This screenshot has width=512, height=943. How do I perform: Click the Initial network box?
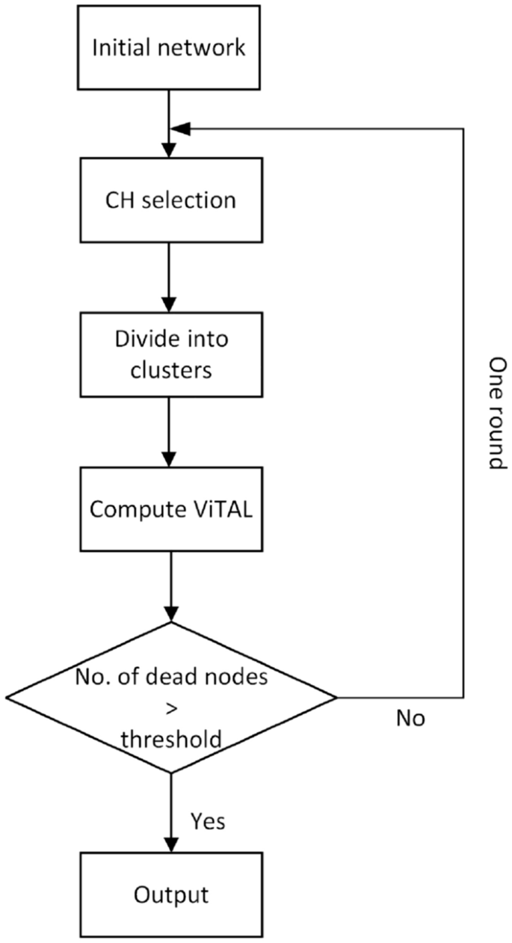168,49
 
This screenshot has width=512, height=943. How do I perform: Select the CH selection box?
168,200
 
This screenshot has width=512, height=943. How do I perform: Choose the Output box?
171,894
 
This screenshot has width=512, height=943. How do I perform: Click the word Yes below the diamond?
208,820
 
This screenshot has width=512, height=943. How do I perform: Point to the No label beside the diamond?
410,719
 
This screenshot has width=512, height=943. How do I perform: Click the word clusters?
171,369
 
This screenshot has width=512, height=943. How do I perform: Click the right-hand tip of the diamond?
336,698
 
